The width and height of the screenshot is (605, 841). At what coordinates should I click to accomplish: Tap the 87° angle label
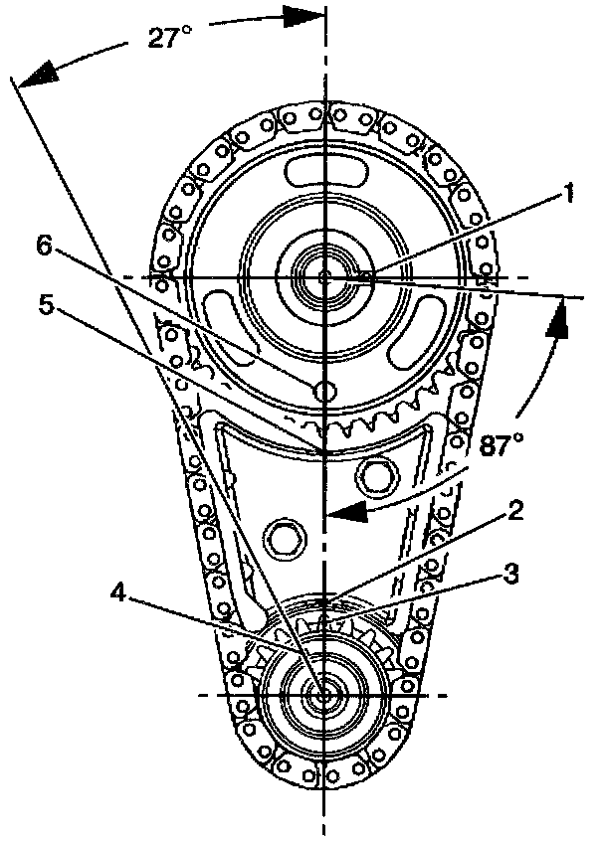click(x=499, y=444)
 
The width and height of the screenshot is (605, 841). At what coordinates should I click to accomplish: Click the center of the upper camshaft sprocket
click(x=324, y=276)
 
